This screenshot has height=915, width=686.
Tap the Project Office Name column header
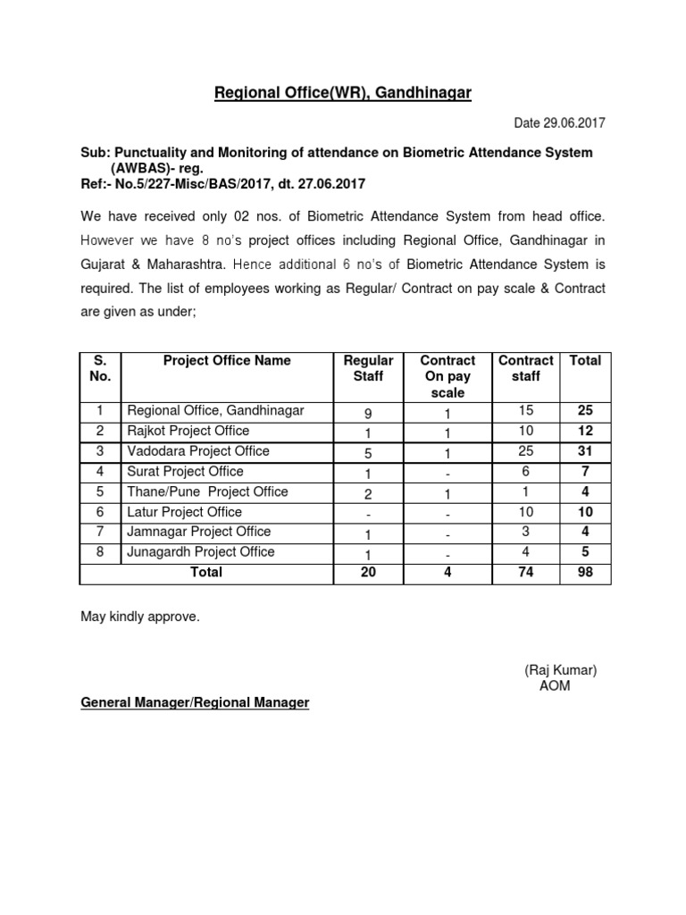point(227,361)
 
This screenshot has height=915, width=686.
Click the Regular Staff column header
point(368,368)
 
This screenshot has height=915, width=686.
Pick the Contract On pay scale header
point(448,376)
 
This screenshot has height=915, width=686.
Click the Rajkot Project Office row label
point(188,431)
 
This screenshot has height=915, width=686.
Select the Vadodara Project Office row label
point(198,451)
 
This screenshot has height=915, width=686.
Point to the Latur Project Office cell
point(185,512)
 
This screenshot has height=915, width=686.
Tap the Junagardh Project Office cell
point(201,552)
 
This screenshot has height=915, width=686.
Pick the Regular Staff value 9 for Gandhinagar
point(368,412)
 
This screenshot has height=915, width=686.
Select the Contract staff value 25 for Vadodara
point(526,451)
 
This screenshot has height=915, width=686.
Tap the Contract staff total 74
point(526,573)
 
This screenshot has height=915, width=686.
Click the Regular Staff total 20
point(368,573)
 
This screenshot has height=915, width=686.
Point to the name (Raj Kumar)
point(560,670)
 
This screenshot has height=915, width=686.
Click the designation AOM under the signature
point(555,686)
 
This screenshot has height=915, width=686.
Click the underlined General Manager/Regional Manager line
point(195,703)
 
